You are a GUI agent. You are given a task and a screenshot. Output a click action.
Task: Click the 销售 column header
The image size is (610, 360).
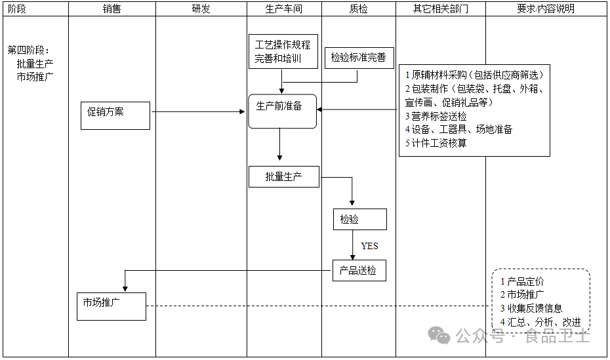(112, 9)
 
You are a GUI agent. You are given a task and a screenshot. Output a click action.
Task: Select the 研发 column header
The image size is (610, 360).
(201, 9)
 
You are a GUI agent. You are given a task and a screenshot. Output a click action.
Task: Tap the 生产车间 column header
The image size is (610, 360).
(284, 9)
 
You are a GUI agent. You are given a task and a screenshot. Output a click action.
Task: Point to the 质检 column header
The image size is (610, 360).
(359, 9)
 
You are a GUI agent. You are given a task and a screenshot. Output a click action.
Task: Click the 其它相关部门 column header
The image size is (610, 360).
(440, 9)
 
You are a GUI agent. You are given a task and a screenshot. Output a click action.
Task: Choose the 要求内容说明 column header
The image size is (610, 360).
(546, 9)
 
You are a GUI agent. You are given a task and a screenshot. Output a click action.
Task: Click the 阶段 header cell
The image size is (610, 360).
(18, 9)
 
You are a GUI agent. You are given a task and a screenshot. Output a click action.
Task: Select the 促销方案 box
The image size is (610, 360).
(115, 115)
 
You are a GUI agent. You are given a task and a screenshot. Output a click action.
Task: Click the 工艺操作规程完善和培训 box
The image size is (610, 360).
(283, 52)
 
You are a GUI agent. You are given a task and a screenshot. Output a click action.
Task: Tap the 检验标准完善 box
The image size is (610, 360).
(358, 57)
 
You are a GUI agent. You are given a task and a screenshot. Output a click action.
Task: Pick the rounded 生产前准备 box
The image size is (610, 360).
(282, 111)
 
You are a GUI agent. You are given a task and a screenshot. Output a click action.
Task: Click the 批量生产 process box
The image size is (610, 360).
(284, 176)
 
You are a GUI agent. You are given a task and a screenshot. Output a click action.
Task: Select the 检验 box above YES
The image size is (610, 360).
(359, 220)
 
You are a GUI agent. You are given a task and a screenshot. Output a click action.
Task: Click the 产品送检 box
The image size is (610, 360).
(359, 270)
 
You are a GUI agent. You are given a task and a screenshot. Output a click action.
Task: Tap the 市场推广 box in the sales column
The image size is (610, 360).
(111, 306)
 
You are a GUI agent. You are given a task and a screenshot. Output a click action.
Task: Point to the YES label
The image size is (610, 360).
(369, 246)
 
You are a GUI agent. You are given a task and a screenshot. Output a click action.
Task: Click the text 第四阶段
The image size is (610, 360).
(28, 50)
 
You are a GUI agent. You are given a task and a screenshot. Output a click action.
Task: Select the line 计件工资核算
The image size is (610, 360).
(438, 143)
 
